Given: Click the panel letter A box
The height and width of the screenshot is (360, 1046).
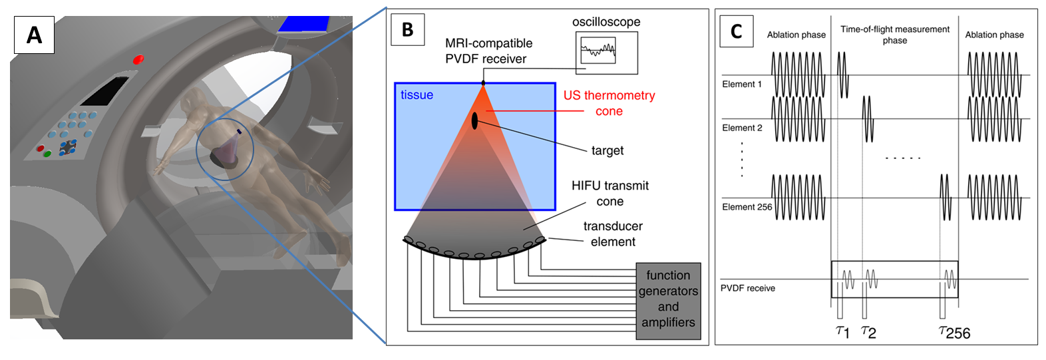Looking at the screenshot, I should coord(34,34).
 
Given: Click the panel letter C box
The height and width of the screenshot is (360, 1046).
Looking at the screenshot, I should coord(737,31).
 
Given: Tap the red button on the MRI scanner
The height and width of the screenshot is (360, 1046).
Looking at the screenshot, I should coord(138,59).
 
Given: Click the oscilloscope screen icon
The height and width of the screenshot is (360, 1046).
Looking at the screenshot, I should coord(598,51).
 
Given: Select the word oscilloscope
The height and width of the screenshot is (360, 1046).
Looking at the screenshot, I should coord(606,22).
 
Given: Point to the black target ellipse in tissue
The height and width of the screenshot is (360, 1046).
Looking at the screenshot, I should coord(474,121).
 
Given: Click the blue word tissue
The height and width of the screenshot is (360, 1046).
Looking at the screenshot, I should coord(417,95).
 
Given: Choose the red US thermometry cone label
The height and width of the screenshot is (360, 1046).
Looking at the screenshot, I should coord(609,103).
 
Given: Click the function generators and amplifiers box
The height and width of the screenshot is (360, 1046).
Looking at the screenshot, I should coord(668,299).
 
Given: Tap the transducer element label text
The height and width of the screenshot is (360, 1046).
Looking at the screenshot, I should coord(613,234).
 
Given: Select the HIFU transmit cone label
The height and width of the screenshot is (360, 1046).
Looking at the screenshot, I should coord(610,193).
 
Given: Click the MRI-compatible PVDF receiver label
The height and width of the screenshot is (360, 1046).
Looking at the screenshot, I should coord(488,51).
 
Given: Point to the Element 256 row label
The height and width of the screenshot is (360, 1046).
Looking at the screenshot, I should coord(747,207).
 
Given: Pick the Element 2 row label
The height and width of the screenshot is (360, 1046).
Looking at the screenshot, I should coord(742,128).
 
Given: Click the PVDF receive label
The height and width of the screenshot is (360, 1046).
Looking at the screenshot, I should coord(747,288).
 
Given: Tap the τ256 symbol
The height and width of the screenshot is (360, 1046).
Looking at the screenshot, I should coord(954,332).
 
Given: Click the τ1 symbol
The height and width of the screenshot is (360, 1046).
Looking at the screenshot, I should coord(842,331).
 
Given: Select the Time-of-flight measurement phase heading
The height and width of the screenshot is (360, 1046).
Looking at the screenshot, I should coord(894,35).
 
